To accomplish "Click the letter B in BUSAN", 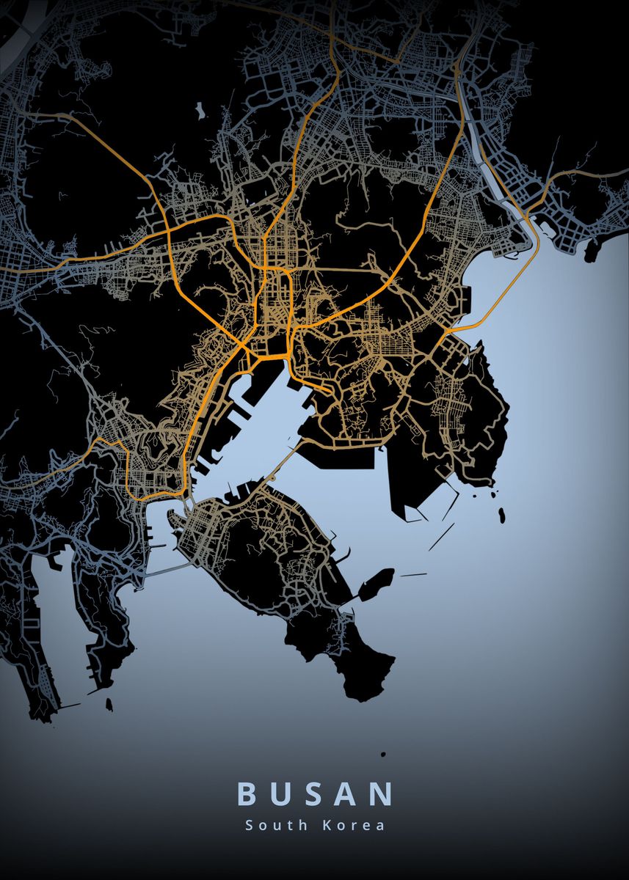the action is coord(246,794).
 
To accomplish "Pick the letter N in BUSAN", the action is coord(382,794).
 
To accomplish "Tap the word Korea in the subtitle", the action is coord(354,825).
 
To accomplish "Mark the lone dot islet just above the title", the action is coord(382,753).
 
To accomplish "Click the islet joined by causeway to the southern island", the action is coord(376,584).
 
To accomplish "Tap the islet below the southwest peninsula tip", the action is coord(109,705).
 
